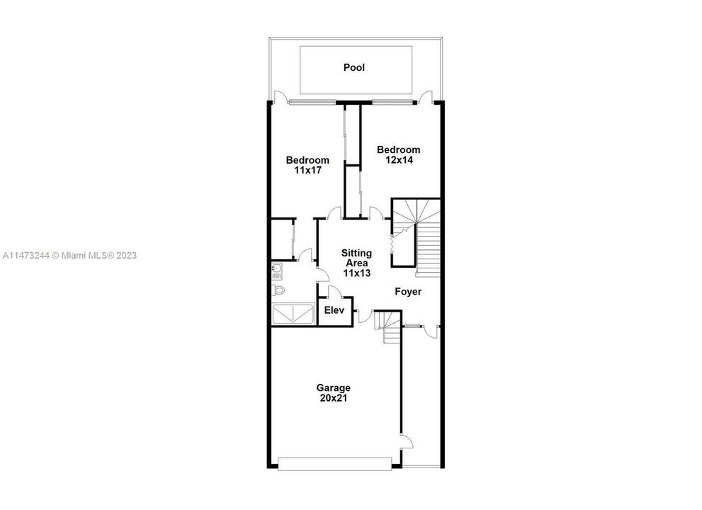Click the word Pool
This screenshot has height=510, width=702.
(x=354, y=68)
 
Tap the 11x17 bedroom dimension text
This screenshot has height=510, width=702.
(x=307, y=171)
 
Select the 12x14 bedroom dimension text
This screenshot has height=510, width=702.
(x=398, y=160)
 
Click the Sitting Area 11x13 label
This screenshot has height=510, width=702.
(x=356, y=262)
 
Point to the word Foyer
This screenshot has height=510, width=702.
(x=408, y=292)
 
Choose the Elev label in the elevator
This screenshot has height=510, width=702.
(x=334, y=310)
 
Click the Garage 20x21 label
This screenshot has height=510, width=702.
(x=333, y=393)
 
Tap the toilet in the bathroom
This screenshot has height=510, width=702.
(x=278, y=290)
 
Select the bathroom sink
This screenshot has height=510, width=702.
(x=277, y=269)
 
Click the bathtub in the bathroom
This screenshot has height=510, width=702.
(x=293, y=314)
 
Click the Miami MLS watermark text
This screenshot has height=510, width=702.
(x=69, y=255)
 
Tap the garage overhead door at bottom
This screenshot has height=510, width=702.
(x=334, y=464)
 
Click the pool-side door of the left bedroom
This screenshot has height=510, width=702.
(x=281, y=99)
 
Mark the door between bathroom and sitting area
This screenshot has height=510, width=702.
(x=307, y=256)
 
